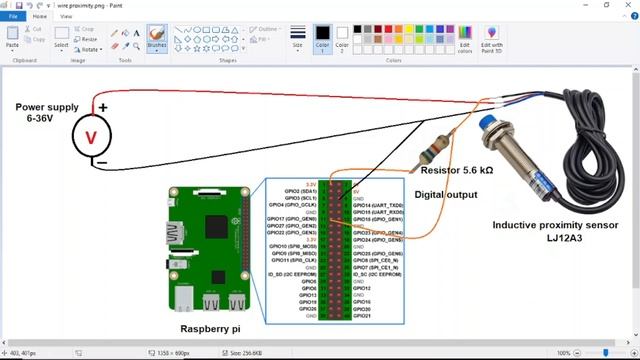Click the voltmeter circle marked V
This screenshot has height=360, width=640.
tap(95, 136)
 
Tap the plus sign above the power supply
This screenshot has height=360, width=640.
tap(103, 107)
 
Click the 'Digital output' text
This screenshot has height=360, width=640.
tap(446, 195)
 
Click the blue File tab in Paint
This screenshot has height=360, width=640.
tap(14, 16)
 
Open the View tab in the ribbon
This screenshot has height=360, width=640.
tap(66, 16)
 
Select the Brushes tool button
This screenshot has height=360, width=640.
tap(157, 39)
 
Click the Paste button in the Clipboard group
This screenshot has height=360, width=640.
tap(12, 39)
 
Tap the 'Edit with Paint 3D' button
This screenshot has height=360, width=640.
tap(491, 40)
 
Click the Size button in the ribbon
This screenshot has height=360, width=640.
tap(297, 39)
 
